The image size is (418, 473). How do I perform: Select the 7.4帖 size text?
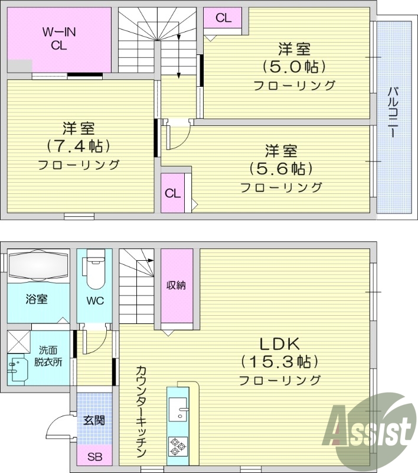pos(79,146)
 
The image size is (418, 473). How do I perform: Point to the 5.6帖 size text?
pos(280,169)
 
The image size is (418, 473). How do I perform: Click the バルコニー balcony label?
pos(392,113)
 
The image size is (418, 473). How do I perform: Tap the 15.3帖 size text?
pos(280,361)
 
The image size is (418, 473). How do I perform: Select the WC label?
pos(95,300)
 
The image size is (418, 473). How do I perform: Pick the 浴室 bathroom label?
pos(37,299)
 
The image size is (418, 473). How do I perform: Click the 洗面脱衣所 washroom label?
pos(48,357)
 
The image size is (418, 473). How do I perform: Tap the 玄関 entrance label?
pos(94,420)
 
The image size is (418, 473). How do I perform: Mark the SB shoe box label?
pos(94,456)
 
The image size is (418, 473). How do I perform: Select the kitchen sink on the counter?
pos(178,407)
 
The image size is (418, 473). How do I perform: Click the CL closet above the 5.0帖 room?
pos(223,18)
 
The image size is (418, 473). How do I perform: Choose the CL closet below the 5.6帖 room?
pos(173,193)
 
